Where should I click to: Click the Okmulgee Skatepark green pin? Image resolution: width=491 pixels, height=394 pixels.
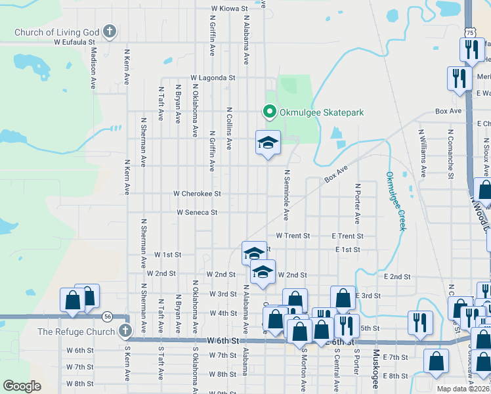268,112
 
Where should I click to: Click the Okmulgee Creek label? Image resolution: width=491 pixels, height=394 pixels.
394,201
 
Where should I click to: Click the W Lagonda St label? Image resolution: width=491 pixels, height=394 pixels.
213,77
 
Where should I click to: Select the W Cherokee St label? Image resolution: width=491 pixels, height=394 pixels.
197,194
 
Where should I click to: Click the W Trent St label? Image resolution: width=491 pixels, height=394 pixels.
292,235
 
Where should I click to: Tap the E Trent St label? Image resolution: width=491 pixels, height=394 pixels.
347,236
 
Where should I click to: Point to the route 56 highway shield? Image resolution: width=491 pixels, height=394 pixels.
107,317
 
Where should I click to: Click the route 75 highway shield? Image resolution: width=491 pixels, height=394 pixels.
469,32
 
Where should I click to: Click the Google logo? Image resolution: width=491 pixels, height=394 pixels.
22,386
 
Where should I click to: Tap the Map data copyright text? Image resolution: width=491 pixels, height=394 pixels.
463,389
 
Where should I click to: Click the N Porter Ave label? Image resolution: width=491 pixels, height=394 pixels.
358,203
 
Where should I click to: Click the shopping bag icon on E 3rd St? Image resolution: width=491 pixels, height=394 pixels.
343,298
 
